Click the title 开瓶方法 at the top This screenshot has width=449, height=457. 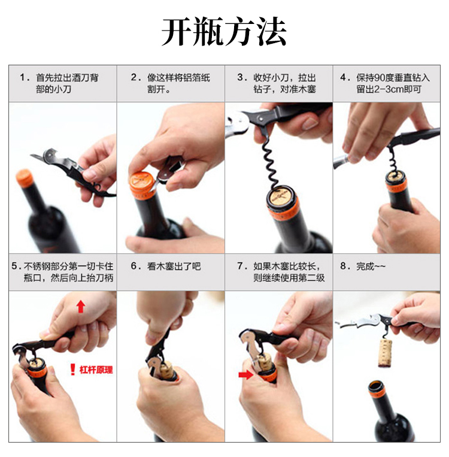pos(224,31)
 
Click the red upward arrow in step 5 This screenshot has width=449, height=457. pos(81,307)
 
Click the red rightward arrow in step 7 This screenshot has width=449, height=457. pos(245,374)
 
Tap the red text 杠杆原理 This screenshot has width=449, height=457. pos(96,370)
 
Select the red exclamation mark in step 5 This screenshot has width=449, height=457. pos(73,370)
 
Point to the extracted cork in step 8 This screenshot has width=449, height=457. pos(385,353)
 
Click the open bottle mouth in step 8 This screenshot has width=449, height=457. pos(376,386)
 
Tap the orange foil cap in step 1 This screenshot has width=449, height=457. pos(24,178)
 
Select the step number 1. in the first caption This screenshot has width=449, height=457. pos(25,77)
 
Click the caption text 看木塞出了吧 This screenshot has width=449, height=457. pos(174,266)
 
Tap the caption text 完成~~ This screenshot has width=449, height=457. pos(371,266)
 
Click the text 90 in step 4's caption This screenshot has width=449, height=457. pos(378,77)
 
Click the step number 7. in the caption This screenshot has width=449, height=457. pos(242,266)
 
